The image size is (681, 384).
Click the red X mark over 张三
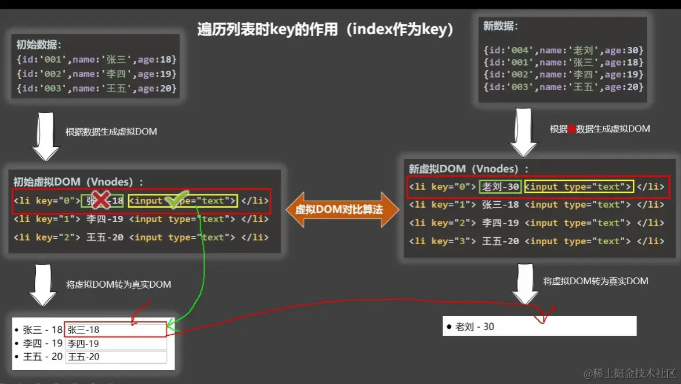[x=101, y=201]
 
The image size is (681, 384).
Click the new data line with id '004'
[x=563, y=50]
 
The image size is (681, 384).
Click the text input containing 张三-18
[x=115, y=329]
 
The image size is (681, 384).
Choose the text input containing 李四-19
[x=115, y=343]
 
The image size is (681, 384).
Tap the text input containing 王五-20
[x=115, y=357]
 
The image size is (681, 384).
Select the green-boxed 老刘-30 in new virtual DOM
[x=500, y=186]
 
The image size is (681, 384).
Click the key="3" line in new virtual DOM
[x=537, y=241]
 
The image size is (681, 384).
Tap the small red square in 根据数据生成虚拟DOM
[x=571, y=129]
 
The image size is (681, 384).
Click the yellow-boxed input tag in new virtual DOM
[x=578, y=186]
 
